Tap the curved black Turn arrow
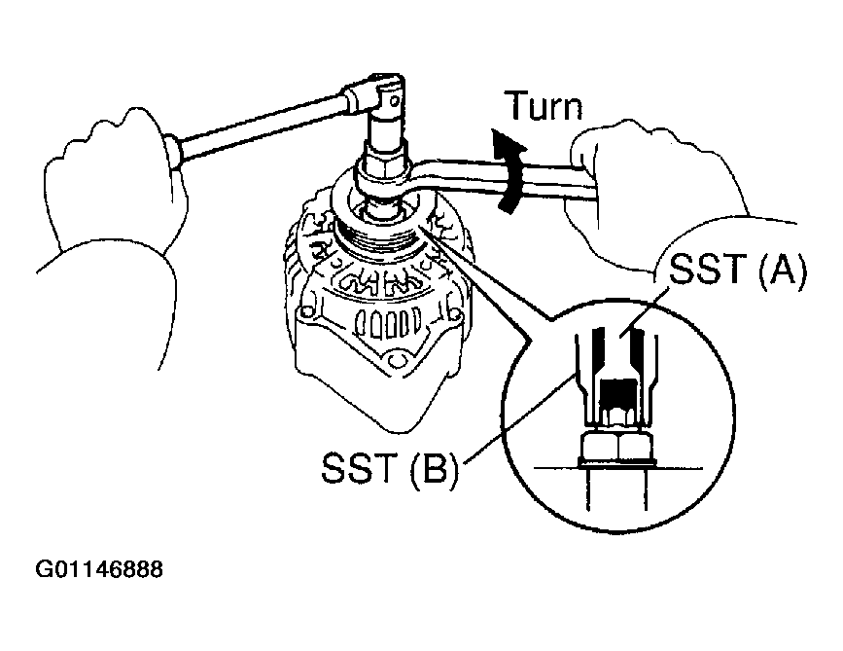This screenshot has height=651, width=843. click(509, 170)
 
